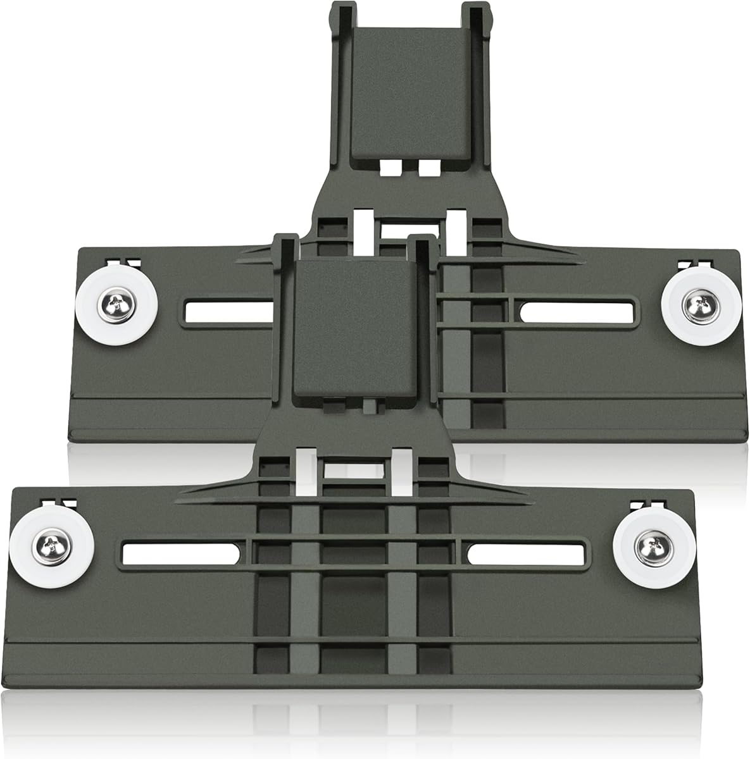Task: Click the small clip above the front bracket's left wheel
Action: (x=58, y=503)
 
